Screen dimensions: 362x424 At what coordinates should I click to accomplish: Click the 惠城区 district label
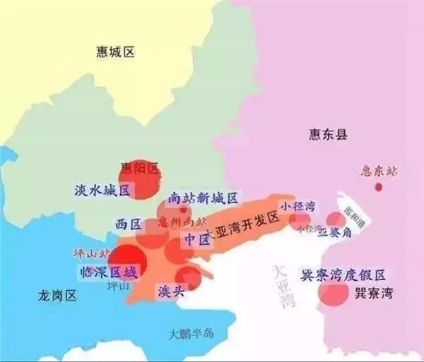(115, 52)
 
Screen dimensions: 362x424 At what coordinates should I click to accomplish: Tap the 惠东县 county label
(329, 134)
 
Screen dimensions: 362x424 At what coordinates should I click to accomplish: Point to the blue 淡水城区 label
(102, 191)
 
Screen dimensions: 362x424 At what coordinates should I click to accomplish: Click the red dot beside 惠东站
(379, 187)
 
